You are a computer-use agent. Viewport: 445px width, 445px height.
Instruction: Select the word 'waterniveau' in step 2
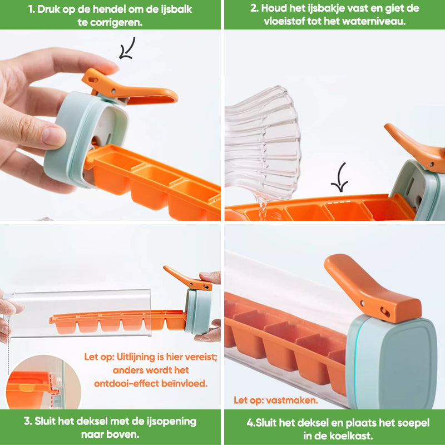374,21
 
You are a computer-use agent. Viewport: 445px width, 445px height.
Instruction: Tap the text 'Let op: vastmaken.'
275,400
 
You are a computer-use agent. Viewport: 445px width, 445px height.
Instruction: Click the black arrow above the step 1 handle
127,49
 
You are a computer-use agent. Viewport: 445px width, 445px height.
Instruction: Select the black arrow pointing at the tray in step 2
340,177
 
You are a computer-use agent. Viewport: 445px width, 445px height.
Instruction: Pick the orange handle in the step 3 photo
187,279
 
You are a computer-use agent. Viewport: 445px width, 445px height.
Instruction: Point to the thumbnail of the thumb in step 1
54,137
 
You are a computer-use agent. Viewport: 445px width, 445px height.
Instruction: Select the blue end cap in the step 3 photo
199,311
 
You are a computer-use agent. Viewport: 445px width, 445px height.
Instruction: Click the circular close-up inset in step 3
43,382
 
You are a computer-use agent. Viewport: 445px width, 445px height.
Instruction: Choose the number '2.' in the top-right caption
254,8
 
